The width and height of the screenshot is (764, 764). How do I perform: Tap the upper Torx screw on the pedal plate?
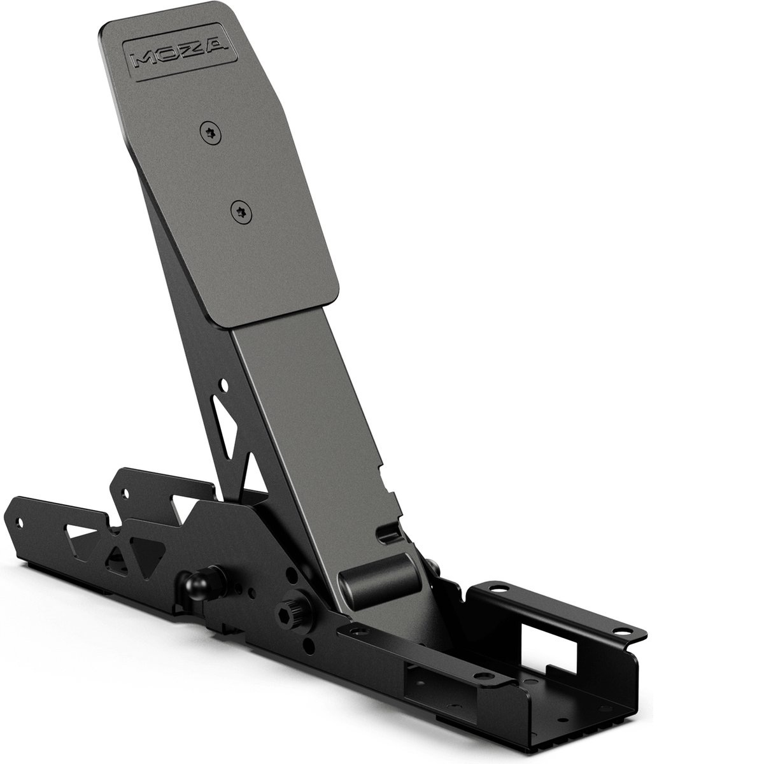[211, 133]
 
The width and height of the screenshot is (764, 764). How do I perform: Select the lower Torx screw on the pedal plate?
[242, 213]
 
